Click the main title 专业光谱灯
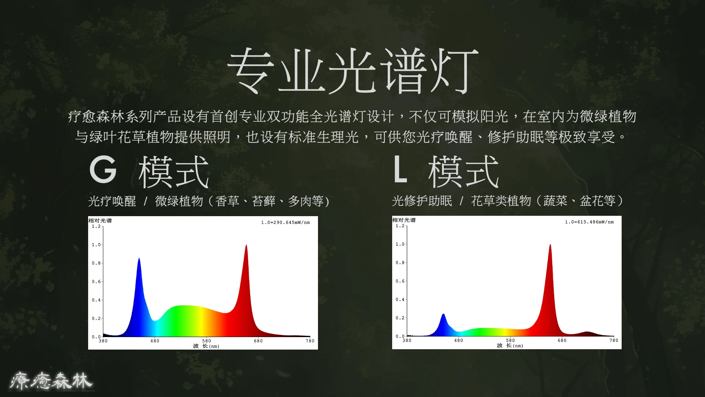pyautogui.click(x=353, y=71)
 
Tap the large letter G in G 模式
pyautogui.click(x=103, y=169)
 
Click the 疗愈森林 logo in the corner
pyautogui.click(x=51, y=381)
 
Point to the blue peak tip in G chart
pyautogui.click(x=139, y=258)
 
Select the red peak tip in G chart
pyautogui.click(x=246, y=245)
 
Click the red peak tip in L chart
pyautogui.click(x=550, y=245)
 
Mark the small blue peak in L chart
pyautogui.click(x=444, y=314)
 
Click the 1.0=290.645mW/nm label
pyautogui.click(x=285, y=222)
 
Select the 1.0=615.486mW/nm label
pyautogui.click(x=589, y=222)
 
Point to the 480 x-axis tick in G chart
pyautogui.click(x=155, y=341)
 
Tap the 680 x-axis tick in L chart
pyautogui.click(x=562, y=340)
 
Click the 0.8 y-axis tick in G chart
pyautogui.click(x=96, y=263)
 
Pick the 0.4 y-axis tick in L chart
pyautogui.click(x=400, y=300)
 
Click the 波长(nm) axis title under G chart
pyautogui.click(x=206, y=346)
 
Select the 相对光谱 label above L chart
pyautogui.click(x=404, y=220)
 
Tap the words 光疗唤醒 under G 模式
pyautogui.click(x=112, y=201)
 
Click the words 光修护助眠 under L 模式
pyautogui.click(x=422, y=201)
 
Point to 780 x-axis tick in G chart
pyautogui.click(x=310, y=341)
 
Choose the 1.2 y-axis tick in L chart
pyautogui.click(x=400, y=226)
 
